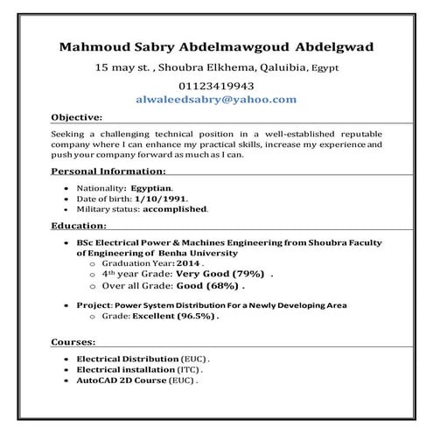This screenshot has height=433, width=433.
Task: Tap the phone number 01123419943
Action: pos(216,86)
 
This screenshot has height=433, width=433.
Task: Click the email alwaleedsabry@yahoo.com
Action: pos(216,100)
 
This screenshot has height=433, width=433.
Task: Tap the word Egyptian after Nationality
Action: pos(152,187)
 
